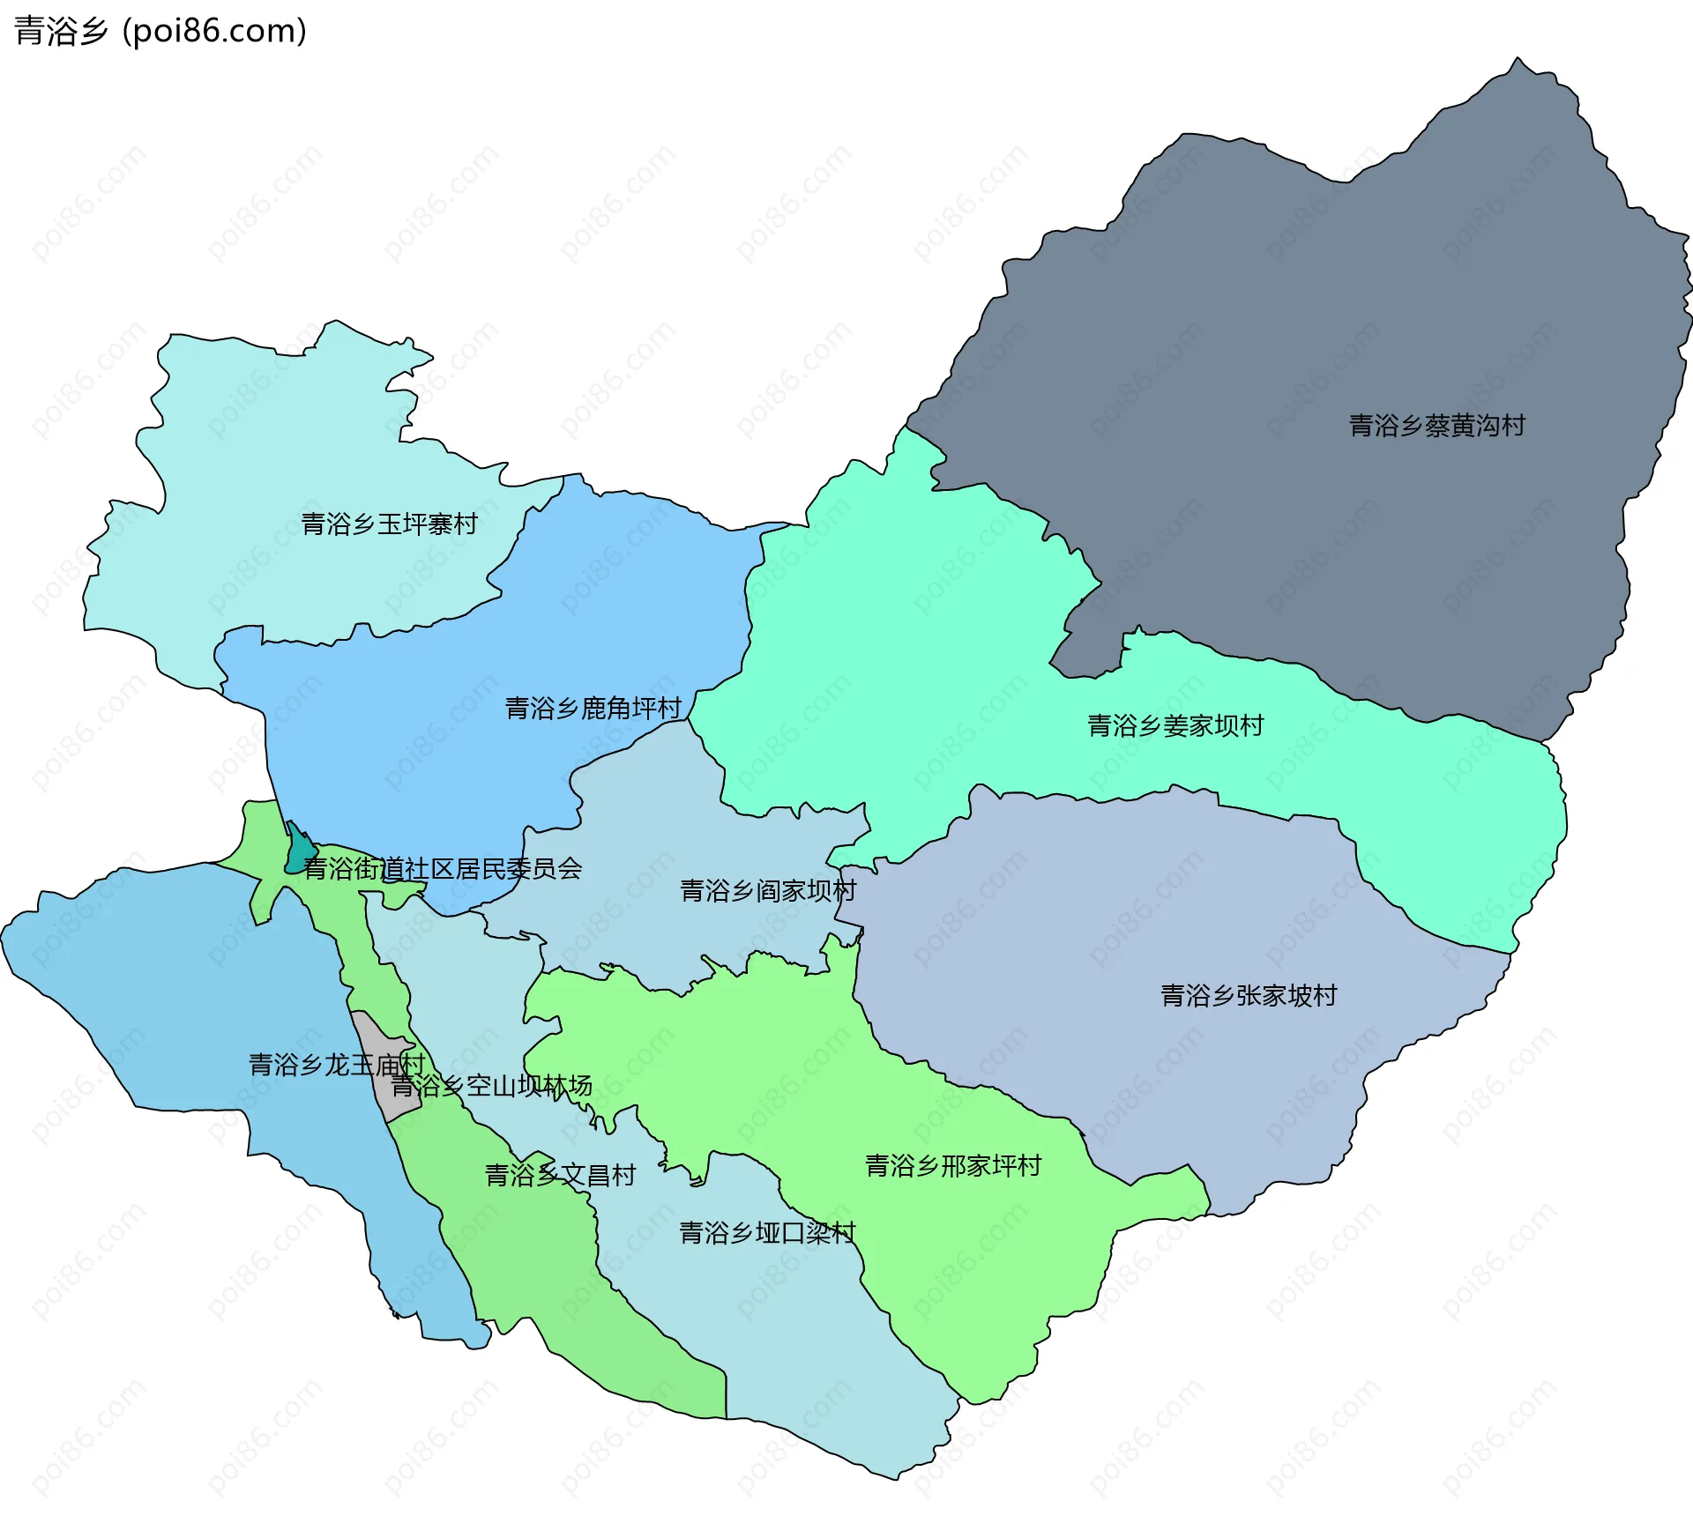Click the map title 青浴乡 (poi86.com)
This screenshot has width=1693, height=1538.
160,31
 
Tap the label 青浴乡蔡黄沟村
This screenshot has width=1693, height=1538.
1436,426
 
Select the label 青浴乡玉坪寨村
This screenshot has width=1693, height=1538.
389,524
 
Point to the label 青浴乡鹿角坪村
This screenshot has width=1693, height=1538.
593,708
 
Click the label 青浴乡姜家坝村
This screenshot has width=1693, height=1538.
1175,725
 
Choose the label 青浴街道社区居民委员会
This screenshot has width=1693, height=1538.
442,869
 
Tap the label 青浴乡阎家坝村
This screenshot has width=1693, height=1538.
767,890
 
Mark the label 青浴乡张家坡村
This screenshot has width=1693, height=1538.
1248,995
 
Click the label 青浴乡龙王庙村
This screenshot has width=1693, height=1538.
336,1065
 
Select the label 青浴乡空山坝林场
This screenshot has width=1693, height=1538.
491,1086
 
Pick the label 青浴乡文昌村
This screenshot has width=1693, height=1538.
560,1175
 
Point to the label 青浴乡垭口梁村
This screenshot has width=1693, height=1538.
767,1232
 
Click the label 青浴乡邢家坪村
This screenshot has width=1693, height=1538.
952,1165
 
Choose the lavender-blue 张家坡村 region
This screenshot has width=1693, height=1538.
1146,925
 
